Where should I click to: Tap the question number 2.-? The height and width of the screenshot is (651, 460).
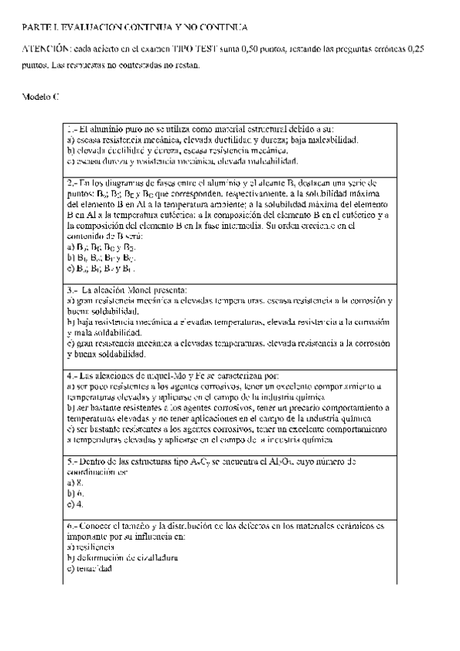[x=72, y=183]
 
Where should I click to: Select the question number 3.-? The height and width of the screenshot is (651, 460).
[x=72, y=291]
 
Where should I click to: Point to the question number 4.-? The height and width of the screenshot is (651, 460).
[x=72, y=377]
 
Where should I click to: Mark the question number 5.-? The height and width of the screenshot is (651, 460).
[x=72, y=462]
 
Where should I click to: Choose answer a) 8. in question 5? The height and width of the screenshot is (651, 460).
[x=75, y=483]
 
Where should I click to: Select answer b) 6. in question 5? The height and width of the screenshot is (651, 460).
[x=75, y=494]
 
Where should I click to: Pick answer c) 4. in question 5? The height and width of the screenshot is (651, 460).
[x=75, y=504]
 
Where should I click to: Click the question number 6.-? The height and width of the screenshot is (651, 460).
[x=72, y=526]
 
